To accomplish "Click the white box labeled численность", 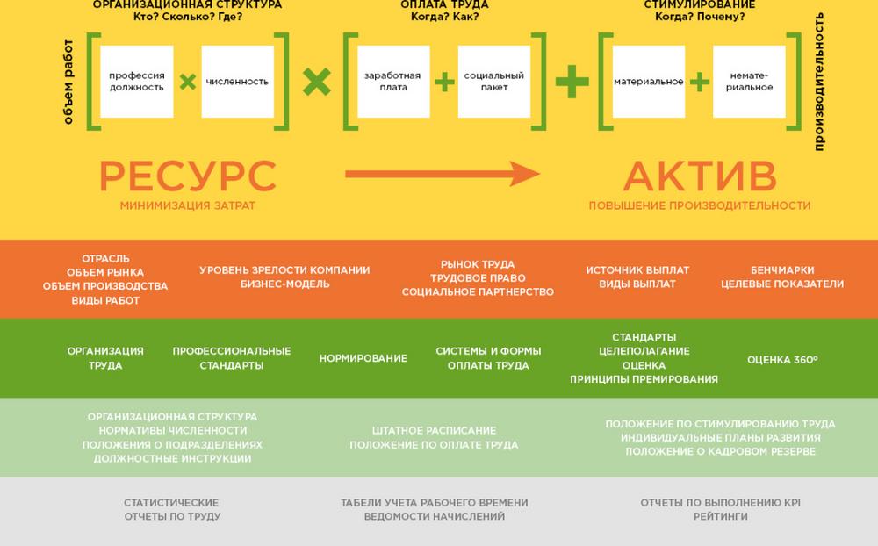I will [x=237, y=82].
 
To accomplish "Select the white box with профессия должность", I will [x=136, y=82].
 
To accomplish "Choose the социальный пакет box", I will [x=494, y=82].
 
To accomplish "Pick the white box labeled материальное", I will [x=649, y=82].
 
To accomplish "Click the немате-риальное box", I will [x=749, y=82].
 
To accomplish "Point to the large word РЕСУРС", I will [x=187, y=176].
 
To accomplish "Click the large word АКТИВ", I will [x=700, y=176].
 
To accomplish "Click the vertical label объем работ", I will [x=68, y=82].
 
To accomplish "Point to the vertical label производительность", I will [x=819, y=82].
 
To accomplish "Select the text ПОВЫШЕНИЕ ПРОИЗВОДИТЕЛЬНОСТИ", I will [x=700, y=206].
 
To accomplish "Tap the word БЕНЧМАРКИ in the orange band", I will [x=782, y=270].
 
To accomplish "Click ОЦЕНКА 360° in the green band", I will [x=782, y=359].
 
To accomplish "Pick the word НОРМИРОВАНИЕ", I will [x=363, y=358].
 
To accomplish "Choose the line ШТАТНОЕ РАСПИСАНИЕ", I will [x=434, y=431].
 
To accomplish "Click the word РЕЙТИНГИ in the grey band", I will [x=720, y=517].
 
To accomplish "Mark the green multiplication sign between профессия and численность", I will [x=187, y=83].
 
